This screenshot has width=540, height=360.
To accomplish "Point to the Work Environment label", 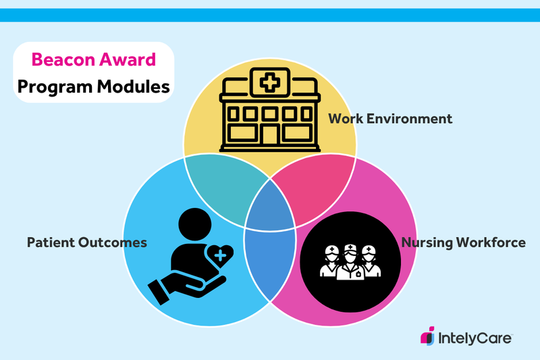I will tap(390, 119).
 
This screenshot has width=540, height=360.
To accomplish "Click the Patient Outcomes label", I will tap(86, 242).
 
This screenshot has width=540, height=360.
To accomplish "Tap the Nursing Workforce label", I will tap(463, 242).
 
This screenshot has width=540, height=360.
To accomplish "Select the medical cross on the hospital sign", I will tap(269, 83).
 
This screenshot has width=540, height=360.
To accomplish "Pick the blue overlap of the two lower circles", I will tap(270, 263).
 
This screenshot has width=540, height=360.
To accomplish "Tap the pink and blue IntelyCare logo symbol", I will tap(427, 336).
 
